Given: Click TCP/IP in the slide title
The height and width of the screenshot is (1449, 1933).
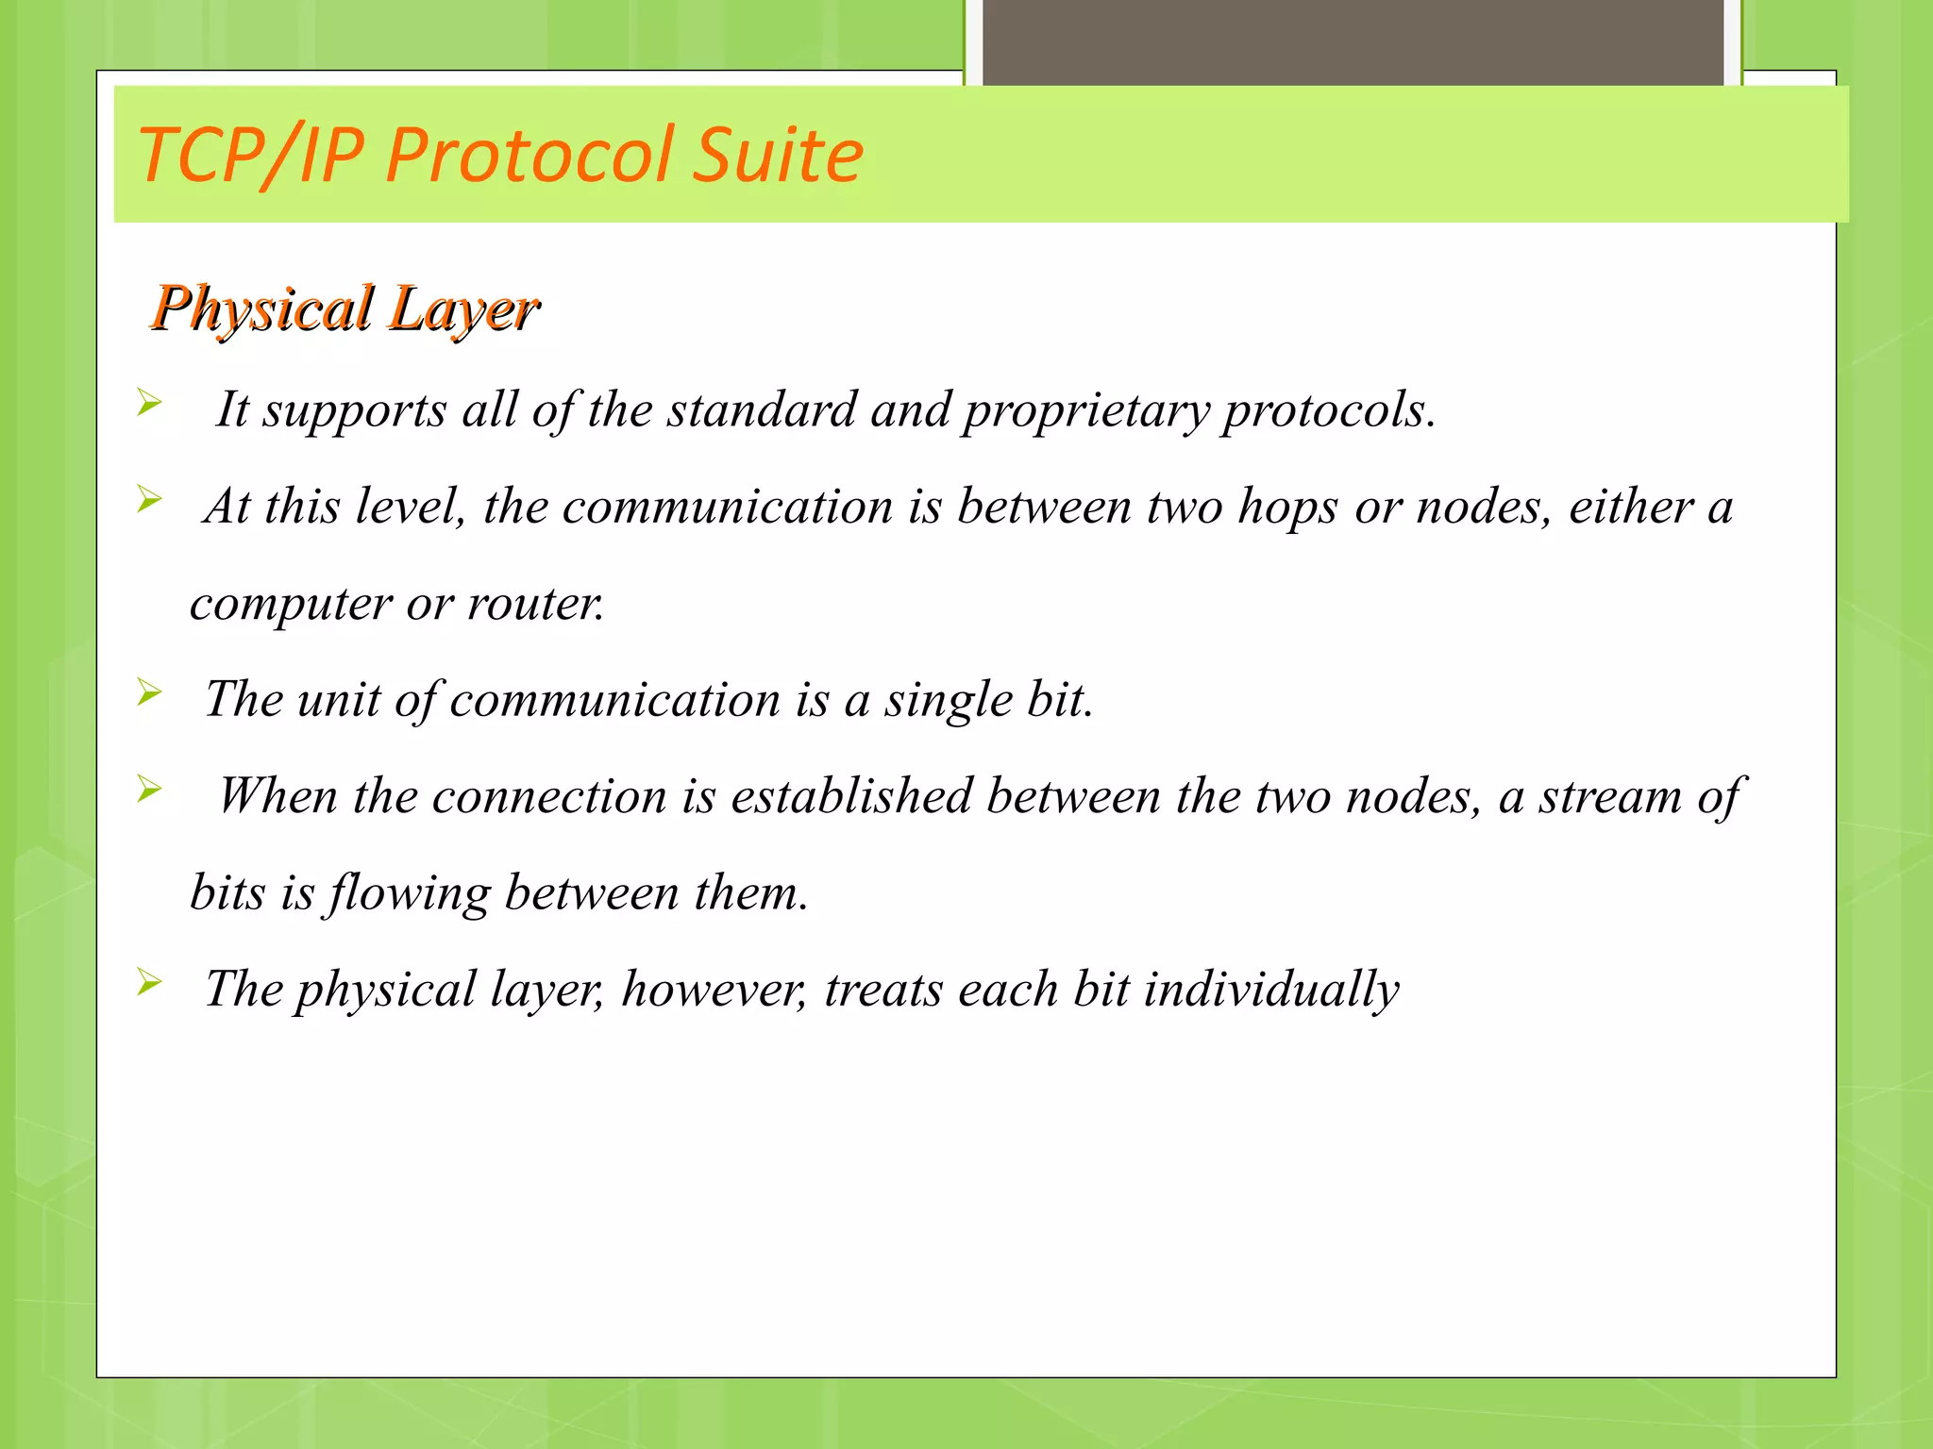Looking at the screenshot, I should [251, 155].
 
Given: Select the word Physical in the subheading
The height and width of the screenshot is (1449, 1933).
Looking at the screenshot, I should [262, 309].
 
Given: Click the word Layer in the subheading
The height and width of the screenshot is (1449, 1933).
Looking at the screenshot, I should [463, 309].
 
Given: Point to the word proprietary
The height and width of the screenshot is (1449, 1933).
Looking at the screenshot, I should [1086, 411].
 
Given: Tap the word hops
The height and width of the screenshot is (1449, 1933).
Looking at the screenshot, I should [1287, 508].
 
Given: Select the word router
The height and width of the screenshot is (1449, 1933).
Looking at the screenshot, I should [535, 604].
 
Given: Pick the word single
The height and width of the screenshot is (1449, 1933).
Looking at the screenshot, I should [947, 701].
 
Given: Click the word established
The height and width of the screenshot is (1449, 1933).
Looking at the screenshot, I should [851, 796].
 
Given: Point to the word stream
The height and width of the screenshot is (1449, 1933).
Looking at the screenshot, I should [1610, 797].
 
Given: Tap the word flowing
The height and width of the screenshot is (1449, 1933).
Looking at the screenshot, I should [409, 894].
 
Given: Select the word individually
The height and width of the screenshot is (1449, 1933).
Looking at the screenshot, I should [1271, 991].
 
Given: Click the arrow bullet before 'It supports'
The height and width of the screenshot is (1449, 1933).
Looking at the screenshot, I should [149, 403].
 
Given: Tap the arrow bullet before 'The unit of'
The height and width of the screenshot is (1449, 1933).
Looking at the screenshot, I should [149, 692].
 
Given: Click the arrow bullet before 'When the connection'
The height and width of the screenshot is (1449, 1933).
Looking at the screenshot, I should [149, 789].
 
